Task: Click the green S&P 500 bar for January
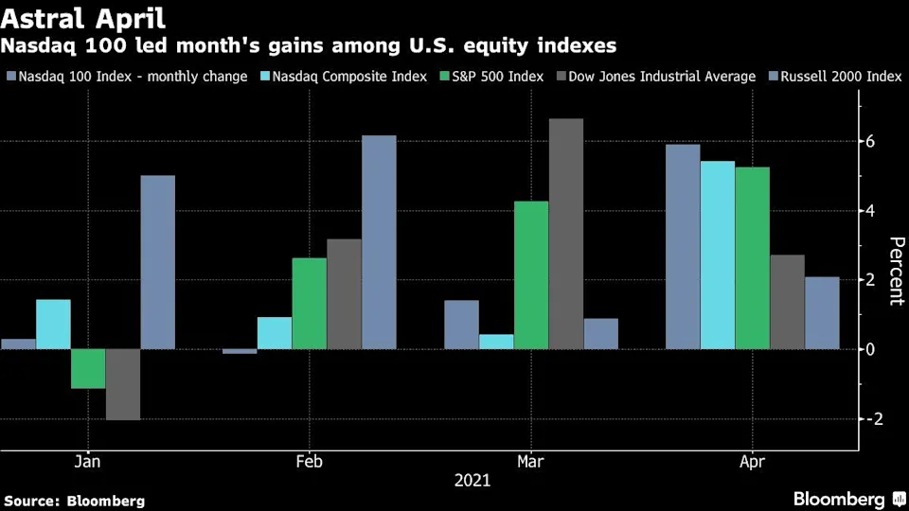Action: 88,368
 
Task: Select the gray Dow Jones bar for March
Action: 566,234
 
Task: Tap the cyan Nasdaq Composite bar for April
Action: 717,255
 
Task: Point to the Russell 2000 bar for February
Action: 379,242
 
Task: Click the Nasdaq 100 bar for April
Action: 683,246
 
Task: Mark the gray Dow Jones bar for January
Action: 123,383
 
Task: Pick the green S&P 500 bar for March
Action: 531,274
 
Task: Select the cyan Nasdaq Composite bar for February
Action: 275,332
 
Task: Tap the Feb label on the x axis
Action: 309,462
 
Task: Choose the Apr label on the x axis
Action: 752,462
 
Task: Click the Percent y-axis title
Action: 895,272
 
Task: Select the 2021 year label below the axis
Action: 472,481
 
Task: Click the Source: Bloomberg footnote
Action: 75,501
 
